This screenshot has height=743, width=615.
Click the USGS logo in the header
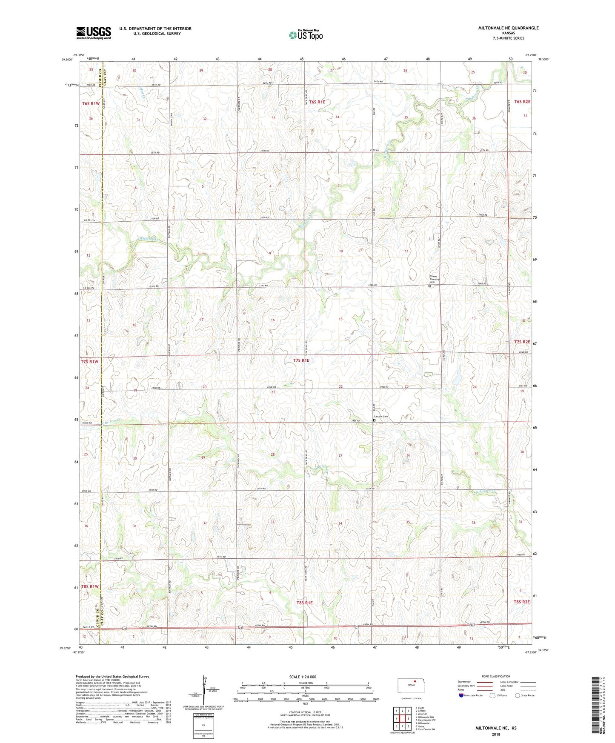(93, 33)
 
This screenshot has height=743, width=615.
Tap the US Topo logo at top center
(306, 35)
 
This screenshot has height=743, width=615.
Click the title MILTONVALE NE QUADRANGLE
(508, 28)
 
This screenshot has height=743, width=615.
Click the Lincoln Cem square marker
(374, 420)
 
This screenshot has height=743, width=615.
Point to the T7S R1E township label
(301, 360)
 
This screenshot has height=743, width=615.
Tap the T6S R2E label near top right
(522, 102)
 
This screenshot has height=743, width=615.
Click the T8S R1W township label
(90, 586)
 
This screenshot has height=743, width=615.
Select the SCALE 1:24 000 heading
(303, 677)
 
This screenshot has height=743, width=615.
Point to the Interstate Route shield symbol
(461, 695)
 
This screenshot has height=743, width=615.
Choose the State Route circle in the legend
(518, 695)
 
